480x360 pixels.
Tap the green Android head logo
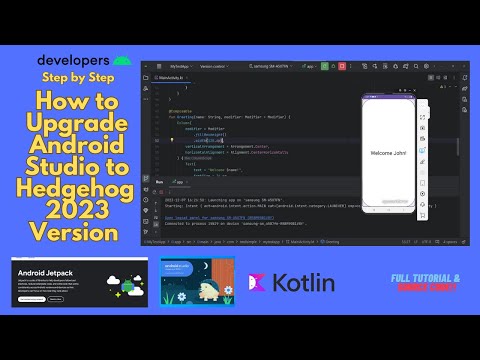tap(120, 60)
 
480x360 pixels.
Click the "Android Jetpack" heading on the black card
tap(47, 271)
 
